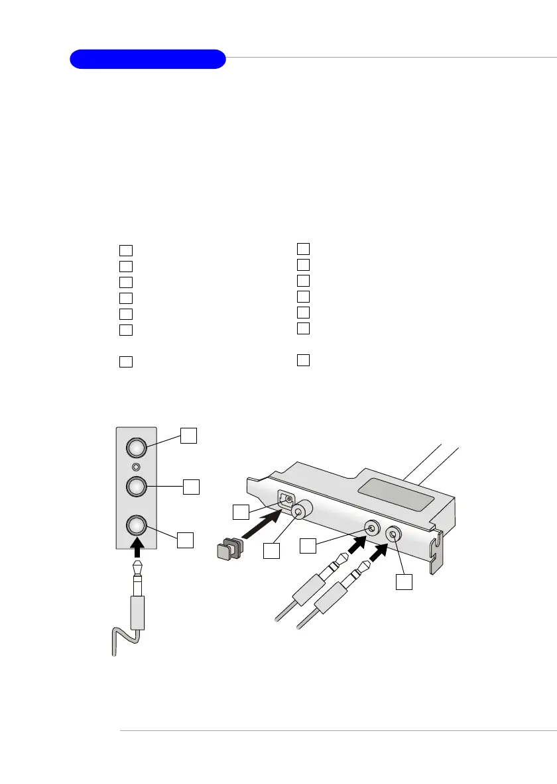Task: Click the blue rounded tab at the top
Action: point(148,59)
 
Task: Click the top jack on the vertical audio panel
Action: point(136,448)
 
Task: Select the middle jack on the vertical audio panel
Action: point(136,486)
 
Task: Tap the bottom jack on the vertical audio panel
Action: point(136,526)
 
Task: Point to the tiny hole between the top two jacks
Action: point(136,467)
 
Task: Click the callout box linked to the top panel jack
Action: point(189,435)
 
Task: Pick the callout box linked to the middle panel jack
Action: point(192,487)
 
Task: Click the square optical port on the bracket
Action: point(286,499)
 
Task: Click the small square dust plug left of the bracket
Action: point(227,548)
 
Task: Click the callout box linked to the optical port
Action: point(241,511)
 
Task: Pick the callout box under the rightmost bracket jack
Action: point(404,581)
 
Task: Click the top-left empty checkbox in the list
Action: point(126,251)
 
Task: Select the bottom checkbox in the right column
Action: point(303,360)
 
